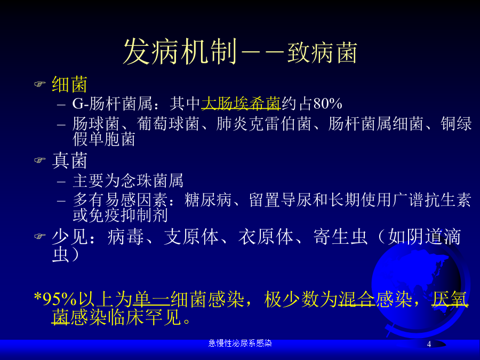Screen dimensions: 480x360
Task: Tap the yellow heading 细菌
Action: [x=69, y=84]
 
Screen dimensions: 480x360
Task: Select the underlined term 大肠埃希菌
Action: [x=241, y=103]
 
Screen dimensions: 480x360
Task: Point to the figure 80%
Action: [x=327, y=104]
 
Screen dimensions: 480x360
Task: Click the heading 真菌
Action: [x=69, y=161]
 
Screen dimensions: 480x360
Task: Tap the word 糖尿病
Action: [x=208, y=200]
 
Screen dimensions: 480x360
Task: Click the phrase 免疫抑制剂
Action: [x=128, y=215]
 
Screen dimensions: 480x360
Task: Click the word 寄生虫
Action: [x=340, y=237]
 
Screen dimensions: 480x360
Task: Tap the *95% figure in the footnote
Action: [x=55, y=299]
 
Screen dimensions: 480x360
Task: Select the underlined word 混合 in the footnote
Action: [x=356, y=299]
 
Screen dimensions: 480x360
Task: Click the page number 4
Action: [x=429, y=344]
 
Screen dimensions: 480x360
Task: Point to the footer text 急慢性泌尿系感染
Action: [x=240, y=343]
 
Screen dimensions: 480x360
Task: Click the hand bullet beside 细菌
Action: [x=40, y=84]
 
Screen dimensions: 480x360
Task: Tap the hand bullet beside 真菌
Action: [x=40, y=160]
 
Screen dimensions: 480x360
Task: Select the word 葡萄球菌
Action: [x=168, y=124]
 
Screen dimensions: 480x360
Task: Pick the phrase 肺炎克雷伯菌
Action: [x=263, y=124]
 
